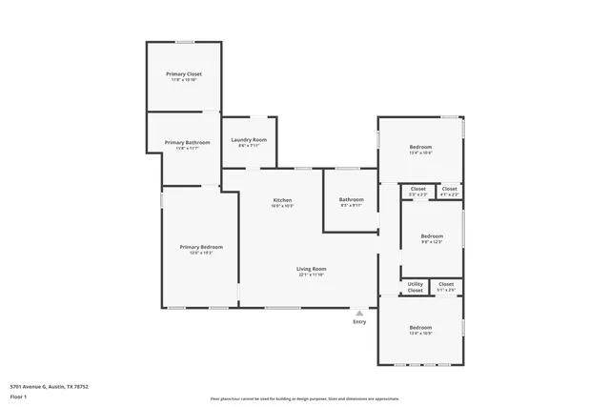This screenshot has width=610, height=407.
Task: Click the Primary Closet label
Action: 184,73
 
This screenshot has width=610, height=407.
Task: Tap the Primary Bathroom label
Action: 184,142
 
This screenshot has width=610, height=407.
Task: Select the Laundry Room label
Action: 249,139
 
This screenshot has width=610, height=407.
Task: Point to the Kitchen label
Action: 282,200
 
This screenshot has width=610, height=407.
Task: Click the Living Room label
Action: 312,269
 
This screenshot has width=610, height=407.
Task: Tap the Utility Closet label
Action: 416,286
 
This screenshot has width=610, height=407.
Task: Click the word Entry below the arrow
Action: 359,321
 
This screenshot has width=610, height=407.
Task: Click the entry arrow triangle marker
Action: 359,312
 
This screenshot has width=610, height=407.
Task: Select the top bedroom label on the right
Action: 420,147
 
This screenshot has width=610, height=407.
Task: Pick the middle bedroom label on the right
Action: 432,235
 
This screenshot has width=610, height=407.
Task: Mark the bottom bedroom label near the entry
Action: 420,327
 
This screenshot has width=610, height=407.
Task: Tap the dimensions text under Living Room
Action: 312,275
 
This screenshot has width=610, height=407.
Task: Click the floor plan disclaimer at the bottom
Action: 304,399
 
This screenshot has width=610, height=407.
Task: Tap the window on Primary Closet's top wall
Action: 184,41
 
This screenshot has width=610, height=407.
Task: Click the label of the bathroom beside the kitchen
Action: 352,200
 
